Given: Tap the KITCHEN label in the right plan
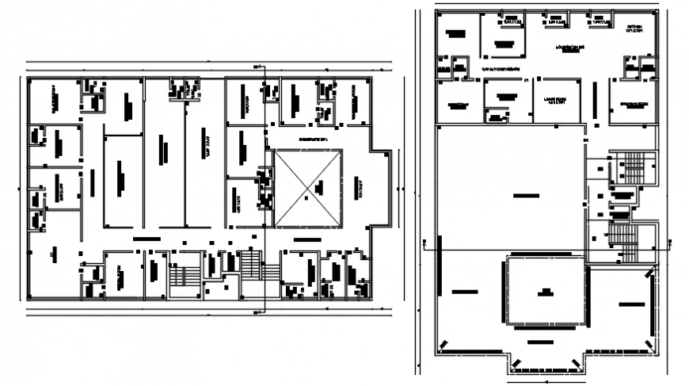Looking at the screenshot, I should pyautogui.click(x=637, y=29).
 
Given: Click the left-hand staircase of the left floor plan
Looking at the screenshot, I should pyautogui.click(x=184, y=277).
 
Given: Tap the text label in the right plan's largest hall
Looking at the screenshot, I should pyautogui.click(x=520, y=194).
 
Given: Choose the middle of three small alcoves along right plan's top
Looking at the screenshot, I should pyautogui.click(x=558, y=20).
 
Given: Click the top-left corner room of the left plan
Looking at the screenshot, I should pyautogui.click(x=54, y=100).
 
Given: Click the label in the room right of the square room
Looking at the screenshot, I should pyautogui.click(x=630, y=304).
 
